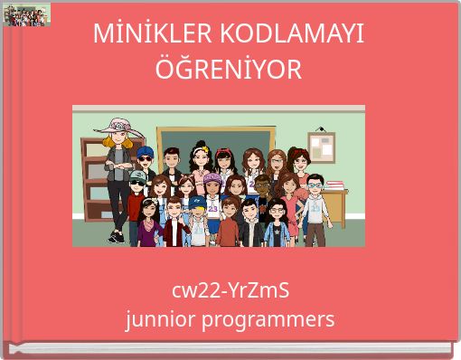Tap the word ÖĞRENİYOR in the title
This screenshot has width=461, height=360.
click(230, 69)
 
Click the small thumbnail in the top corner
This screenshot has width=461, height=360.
click(26, 14)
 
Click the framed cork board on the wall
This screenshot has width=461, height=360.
click(321, 146)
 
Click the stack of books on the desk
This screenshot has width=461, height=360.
click(332, 186)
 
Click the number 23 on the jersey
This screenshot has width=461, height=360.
click(212, 208)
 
